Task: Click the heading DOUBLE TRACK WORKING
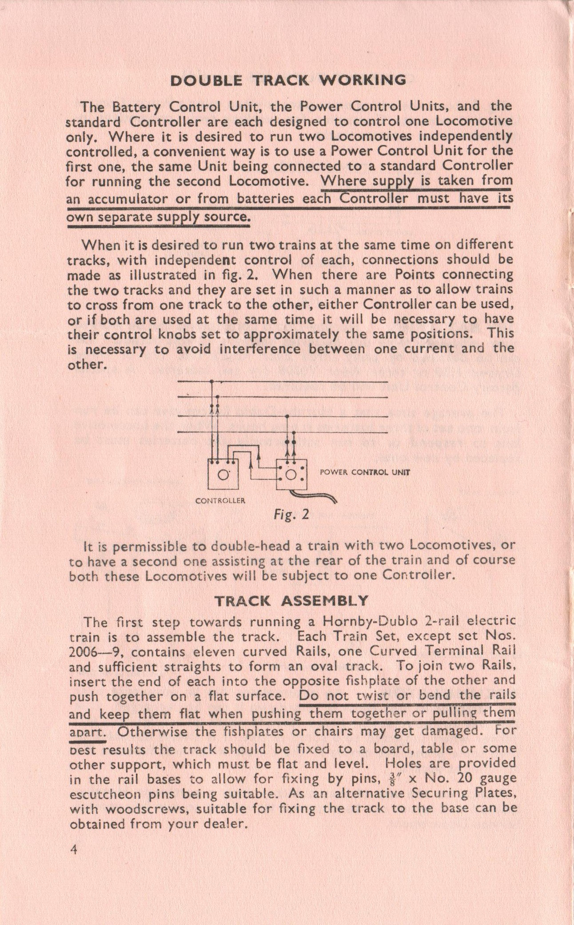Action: pos(288,80)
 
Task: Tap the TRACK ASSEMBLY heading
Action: pos(291,601)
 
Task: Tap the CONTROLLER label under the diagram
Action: pos(220,500)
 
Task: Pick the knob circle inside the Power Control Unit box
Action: pos(291,475)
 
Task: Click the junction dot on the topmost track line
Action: pos(212,382)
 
